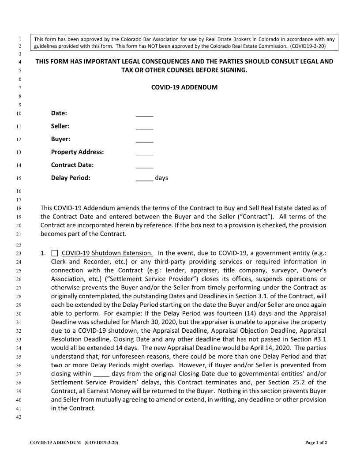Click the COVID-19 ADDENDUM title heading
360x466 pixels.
[x=184, y=87]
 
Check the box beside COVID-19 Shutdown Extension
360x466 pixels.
[x=54, y=253]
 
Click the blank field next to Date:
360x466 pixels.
[x=144, y=113]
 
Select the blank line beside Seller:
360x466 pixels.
[x=144, y=127]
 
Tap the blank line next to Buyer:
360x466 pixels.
[x=144, y=139]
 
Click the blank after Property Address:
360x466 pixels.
[x=144, y=153]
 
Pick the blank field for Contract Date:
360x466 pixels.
[x=144, y=165]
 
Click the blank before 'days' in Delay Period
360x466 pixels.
[x=144, y=179]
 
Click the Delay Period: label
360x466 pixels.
[x=71, y=178]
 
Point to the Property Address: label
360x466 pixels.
[x=77, y=152]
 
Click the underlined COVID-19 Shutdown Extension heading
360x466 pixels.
[x=107, y=253]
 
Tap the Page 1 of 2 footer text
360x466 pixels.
[x=316, y=442]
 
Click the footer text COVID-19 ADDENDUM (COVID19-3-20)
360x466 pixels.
[x=74, y=442]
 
